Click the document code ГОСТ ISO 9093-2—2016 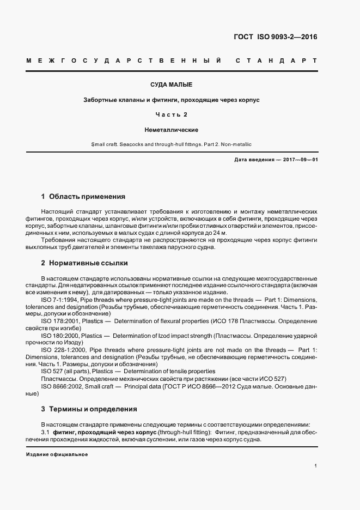pos(274,37)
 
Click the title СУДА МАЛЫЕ pos(171,86)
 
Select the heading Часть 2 pos(171,115)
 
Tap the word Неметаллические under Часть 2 pos(171,130)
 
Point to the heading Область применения pos(87,196)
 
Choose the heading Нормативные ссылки pos(88,263)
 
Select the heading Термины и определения pos(93,409)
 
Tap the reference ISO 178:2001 pos(60,321)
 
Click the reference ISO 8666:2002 pos(62,386)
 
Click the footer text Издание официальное pos(57,454)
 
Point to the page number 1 pos(316,466)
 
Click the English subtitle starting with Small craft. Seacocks pos(171,144)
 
